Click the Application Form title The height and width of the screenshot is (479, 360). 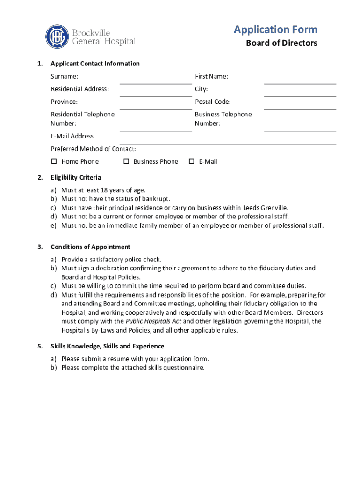pos(275,30)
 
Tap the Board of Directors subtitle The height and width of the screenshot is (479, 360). pos(281,43)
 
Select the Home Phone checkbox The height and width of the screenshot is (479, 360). pos(54,161)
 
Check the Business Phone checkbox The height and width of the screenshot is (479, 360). pos(126,161)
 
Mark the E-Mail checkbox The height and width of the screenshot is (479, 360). pos(191,161)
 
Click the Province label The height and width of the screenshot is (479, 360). pos(65,102)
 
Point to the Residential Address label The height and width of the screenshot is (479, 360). pos(80,89)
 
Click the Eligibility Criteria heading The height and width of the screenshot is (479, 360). pos(76,178)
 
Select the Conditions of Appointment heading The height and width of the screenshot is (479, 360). pos(90,247)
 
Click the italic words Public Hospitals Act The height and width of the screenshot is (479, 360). pos(153,321)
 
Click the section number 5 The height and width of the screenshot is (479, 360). pos(41,346)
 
